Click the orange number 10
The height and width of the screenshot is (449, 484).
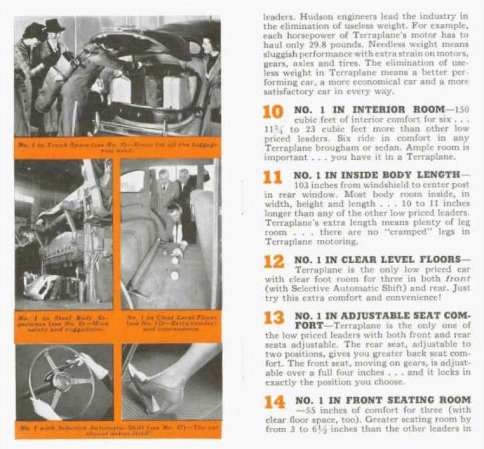coord(273,112)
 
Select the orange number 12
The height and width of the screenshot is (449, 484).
coord(274,262)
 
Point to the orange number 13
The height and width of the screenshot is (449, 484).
coord(274,318)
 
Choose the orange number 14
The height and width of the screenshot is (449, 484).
coord(274,402)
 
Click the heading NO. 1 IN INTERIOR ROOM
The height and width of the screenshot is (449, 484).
coord(369,109)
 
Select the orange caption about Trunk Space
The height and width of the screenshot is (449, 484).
coord(118,148)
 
